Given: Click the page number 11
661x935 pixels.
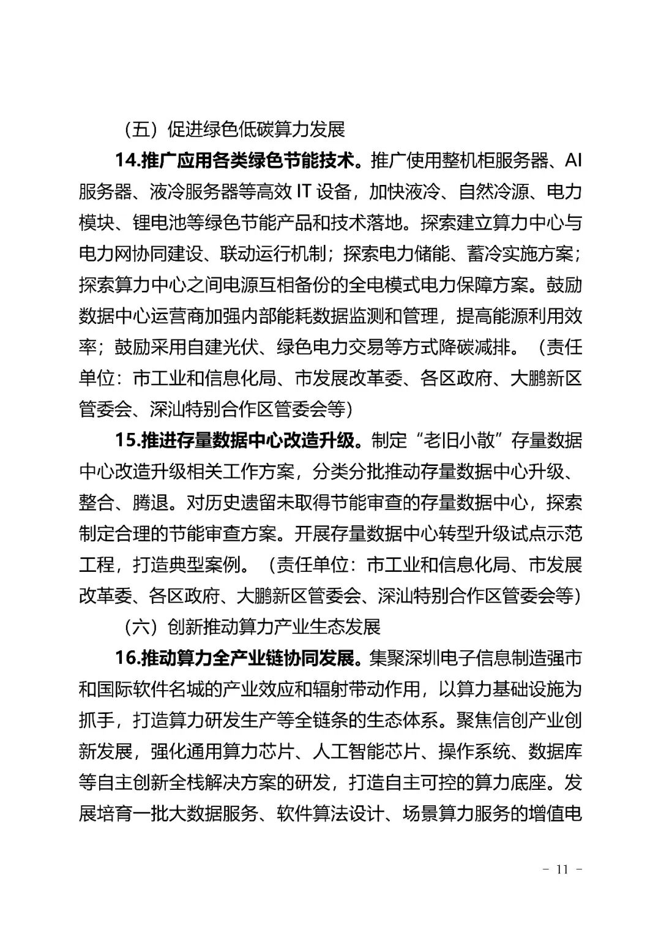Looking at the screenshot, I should pyautogui.click(x=562, y=869).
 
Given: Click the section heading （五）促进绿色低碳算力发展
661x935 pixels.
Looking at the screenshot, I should pyautogui.click(x=234, y=129).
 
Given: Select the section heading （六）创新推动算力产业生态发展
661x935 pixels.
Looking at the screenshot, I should pyautogui.click(x=252, y=626).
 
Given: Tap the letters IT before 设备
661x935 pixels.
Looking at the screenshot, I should pyautogui.click(x=304, y=192).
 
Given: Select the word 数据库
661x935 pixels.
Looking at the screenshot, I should pyautogui.click(x=555, y=751).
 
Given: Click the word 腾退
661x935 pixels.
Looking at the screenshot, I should pyautogui.click(x=150, y=503).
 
